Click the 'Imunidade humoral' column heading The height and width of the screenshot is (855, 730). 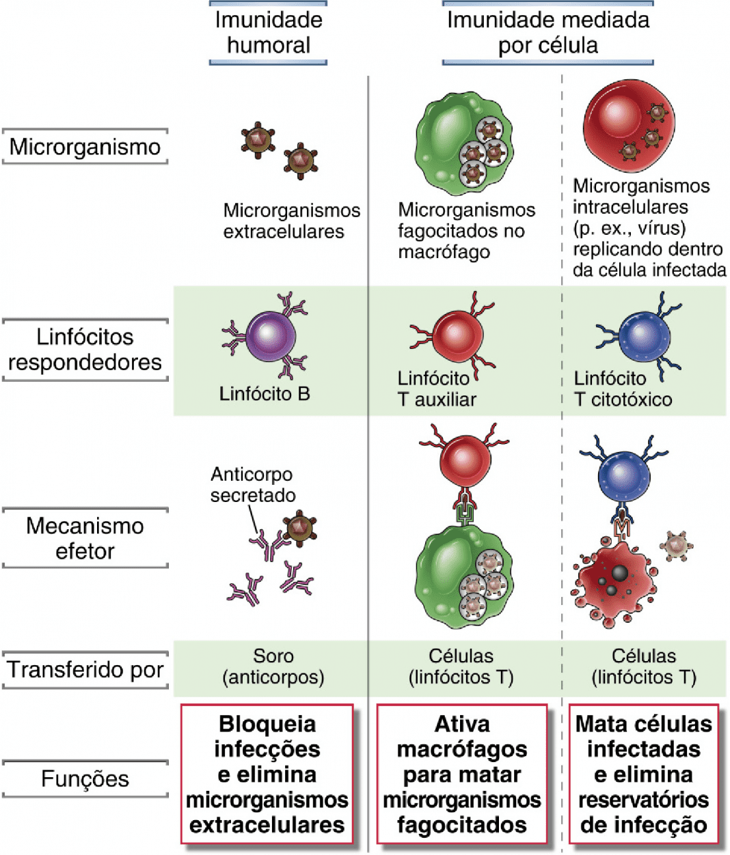[269, 33]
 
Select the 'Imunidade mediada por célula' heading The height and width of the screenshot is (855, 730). [547, 33]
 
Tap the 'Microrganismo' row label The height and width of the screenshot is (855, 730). [85, 146]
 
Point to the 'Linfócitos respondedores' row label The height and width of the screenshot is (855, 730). [85, 350]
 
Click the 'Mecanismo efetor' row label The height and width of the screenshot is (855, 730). [85, 538]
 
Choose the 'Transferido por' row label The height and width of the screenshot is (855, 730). [85, 669]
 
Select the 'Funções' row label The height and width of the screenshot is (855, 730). [85, 779]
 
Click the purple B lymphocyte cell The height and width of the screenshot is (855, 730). [270, 336]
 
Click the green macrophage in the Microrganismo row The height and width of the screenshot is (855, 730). [464, 143]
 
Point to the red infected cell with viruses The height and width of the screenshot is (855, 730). [629, 126]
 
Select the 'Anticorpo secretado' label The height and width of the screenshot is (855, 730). [253, 485]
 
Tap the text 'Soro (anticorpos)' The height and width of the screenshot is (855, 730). [273, 667]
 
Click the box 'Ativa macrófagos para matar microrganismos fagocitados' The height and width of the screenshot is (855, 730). [462, 774]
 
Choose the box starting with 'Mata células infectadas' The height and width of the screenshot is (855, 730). [644, 774]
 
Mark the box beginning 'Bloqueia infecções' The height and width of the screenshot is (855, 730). [267, 774]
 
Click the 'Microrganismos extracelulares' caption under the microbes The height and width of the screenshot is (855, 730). [291, 221]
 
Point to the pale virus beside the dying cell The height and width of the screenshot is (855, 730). [676, 546]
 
